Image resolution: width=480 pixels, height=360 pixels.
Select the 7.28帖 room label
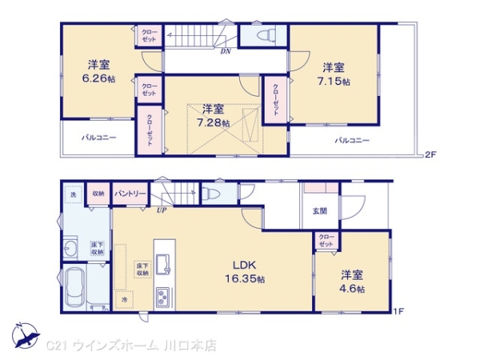214,122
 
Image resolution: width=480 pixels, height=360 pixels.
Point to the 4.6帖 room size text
352,288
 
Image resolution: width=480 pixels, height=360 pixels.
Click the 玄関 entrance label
319,211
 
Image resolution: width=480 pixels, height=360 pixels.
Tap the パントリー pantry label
130,193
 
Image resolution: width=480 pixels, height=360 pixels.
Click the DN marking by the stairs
226,52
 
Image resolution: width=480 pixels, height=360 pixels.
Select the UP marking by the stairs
162,210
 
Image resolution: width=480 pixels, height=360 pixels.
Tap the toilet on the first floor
210,194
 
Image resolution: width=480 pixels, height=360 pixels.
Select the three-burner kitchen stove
162,296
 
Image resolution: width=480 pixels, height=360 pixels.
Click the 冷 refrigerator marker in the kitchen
125,298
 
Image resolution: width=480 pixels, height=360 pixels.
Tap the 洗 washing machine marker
72,194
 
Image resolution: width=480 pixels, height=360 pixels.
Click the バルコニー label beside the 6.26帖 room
98,138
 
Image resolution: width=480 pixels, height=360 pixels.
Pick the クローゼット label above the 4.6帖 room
326,238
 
